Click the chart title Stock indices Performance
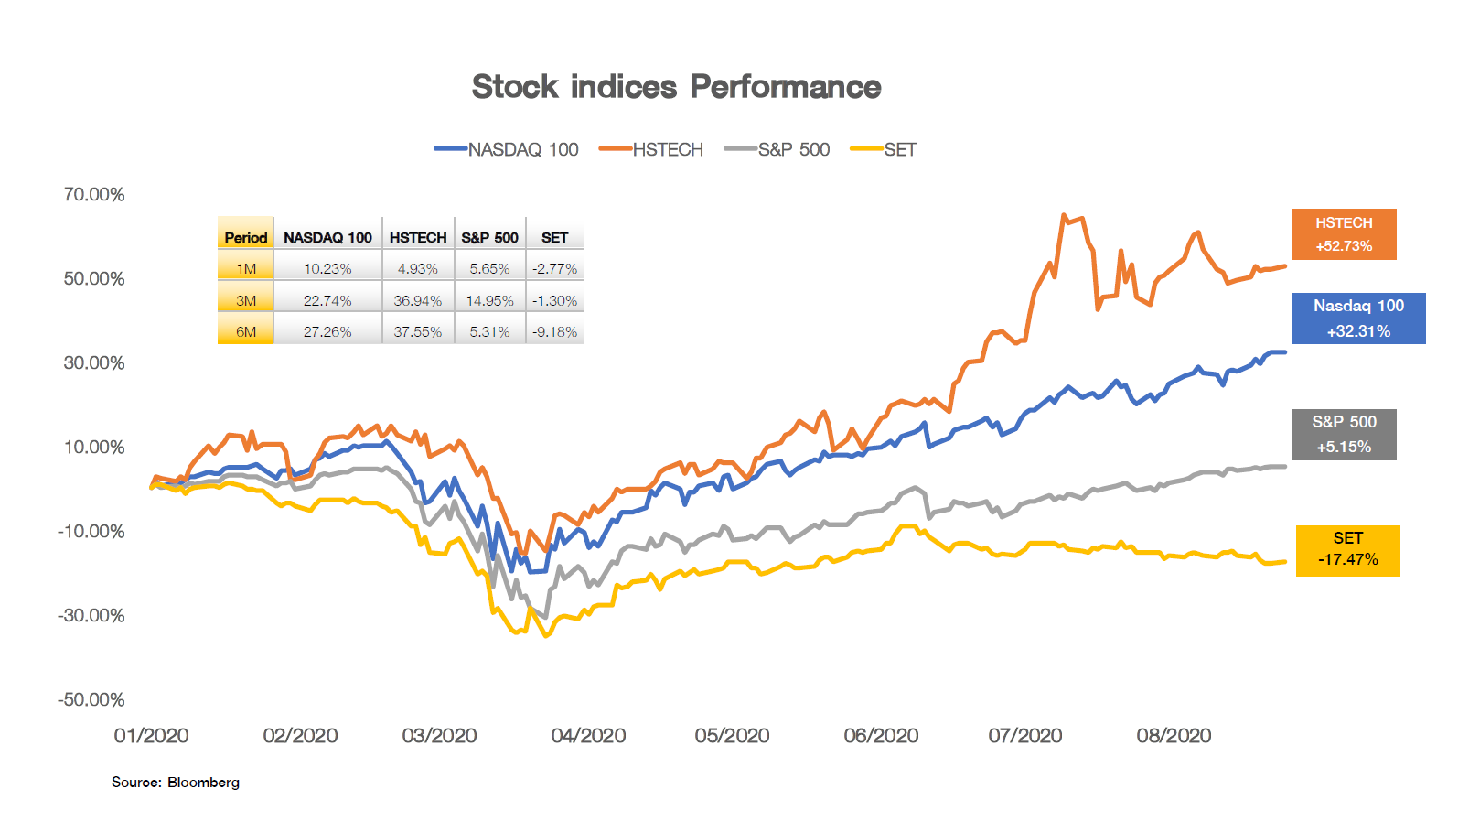pyautogui.click(x=676, y=87)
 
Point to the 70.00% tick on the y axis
pyautogui.click(x=94, y=194)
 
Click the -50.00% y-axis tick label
pyautogui.click(x=91, y=699)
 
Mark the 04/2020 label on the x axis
pyautogui.click(x=588, y=736)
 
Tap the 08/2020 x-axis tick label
pyautogui.click(x=1174, y=736)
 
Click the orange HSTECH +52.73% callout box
pyautogui.click(x=1344, y=234)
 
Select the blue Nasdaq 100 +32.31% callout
pyautogui.click(x=1358, y=319)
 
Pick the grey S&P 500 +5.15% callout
pyautogui.click(x=1344, y=434)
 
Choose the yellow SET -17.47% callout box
pyautogui.click(x=1347, y=550)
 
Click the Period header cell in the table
pyautogui.click(x=246, y=237)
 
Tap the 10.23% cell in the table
pyautogui.click(x=327, y=269)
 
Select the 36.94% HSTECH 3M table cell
pyautogui.click(x=417, y=300)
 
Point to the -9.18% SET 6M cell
pyautogui.click(x=554, y=331)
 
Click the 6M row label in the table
pyautogui.click(x=246, y=331)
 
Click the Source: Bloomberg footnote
pyautogui.click(x=176, y=782)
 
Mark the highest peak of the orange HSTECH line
pyautogui.click(x=1063, y=216)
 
